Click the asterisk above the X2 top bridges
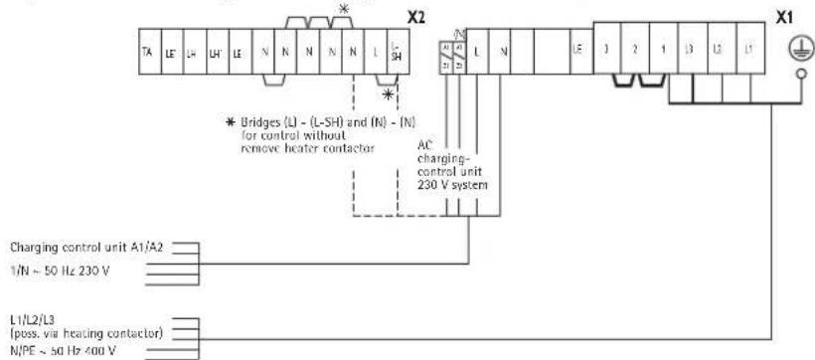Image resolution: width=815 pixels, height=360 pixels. pyautogui.click(x=344, y=9)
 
